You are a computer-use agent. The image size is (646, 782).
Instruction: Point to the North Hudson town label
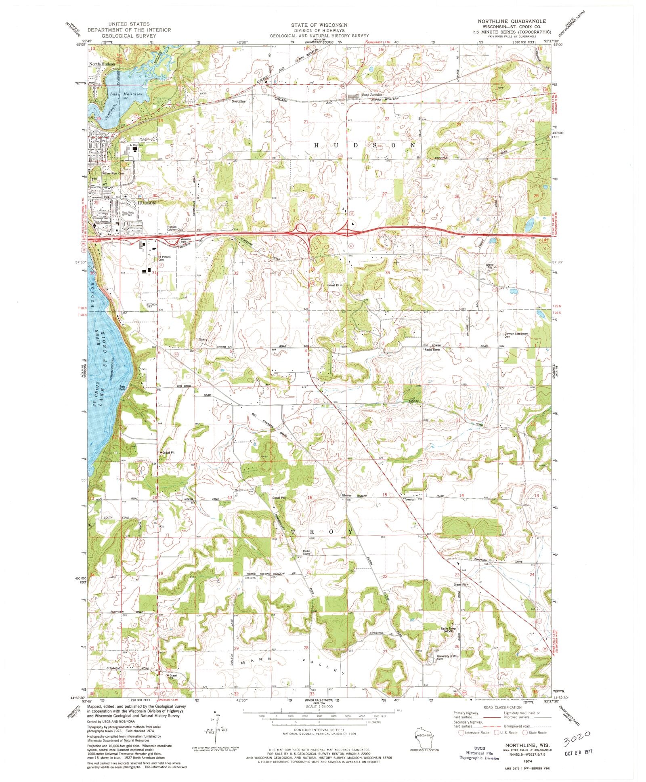coord(102,64)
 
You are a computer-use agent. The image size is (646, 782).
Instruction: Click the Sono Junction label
coord(372,95)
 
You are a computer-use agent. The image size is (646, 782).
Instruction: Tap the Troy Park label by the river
coord(122,387)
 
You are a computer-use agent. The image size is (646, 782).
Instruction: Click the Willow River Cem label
coord(113,173)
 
